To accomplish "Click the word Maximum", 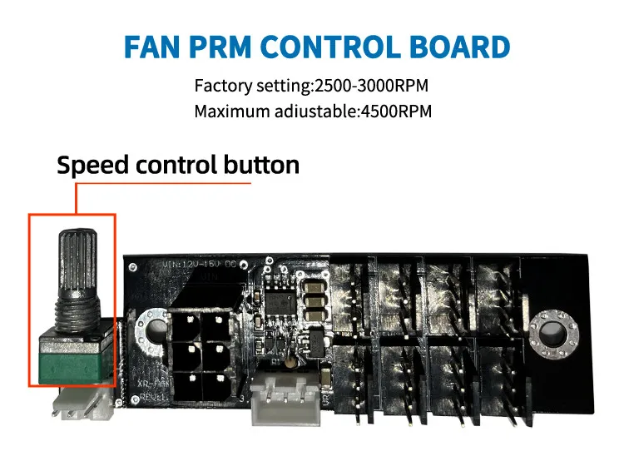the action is click(x=229, y=111).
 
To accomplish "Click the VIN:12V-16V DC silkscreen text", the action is click(x=200, y=264).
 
